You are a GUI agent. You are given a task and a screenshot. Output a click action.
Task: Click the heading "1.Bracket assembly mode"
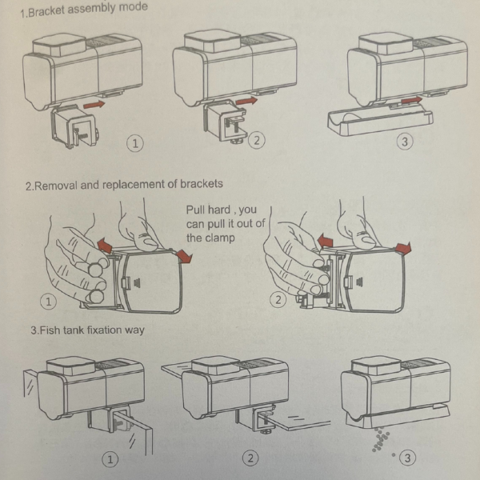84,10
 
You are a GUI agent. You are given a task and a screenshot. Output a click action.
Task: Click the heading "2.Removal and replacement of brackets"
124,185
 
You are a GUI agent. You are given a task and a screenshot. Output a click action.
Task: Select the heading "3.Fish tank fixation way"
87,330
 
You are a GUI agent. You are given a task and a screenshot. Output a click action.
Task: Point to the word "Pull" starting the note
195,210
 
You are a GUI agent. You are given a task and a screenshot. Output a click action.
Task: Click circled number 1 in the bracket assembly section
135,143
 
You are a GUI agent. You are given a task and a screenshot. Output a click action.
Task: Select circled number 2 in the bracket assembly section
257,140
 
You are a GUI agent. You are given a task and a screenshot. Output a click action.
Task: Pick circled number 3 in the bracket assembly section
405,142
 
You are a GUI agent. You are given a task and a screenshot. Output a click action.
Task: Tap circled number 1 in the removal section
48,302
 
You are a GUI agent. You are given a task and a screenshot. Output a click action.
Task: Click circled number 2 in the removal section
278,299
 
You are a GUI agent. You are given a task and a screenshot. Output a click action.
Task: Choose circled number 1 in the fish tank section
110,459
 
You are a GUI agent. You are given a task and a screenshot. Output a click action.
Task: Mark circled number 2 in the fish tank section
250,458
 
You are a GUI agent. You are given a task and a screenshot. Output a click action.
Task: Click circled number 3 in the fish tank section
407,458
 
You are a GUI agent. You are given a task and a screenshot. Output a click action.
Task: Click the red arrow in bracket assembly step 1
94,104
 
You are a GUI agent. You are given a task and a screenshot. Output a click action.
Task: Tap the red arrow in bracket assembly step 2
246,101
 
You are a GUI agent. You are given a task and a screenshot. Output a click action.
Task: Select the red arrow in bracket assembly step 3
411,100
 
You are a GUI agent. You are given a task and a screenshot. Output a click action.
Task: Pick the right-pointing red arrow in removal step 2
403,248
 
